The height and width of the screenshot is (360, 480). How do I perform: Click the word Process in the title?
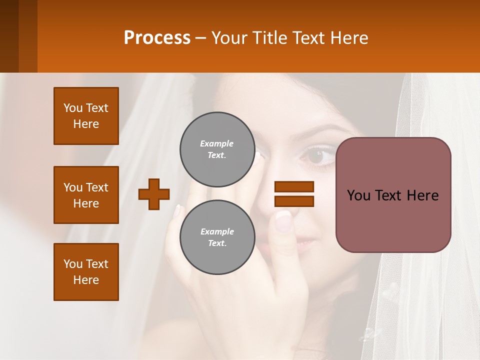(157, 38)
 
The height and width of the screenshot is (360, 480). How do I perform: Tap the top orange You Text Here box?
(86, 116)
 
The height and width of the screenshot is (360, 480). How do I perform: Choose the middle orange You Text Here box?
(86, 195)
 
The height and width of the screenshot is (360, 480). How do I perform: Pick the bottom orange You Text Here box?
(86, 272)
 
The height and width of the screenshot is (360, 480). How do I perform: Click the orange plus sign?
(154, 194)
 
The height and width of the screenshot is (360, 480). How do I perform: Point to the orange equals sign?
(294, 194)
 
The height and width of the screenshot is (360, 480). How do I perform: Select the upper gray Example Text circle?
(217, 149)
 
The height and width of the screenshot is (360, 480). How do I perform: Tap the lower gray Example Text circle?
(217, 237)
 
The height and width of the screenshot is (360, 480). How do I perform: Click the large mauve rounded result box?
(393, 195)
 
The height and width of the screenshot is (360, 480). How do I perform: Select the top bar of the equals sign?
(294, 186)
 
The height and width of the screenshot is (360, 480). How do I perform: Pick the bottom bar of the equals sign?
(294, 201)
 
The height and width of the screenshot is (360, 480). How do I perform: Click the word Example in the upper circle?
(217, 143)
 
